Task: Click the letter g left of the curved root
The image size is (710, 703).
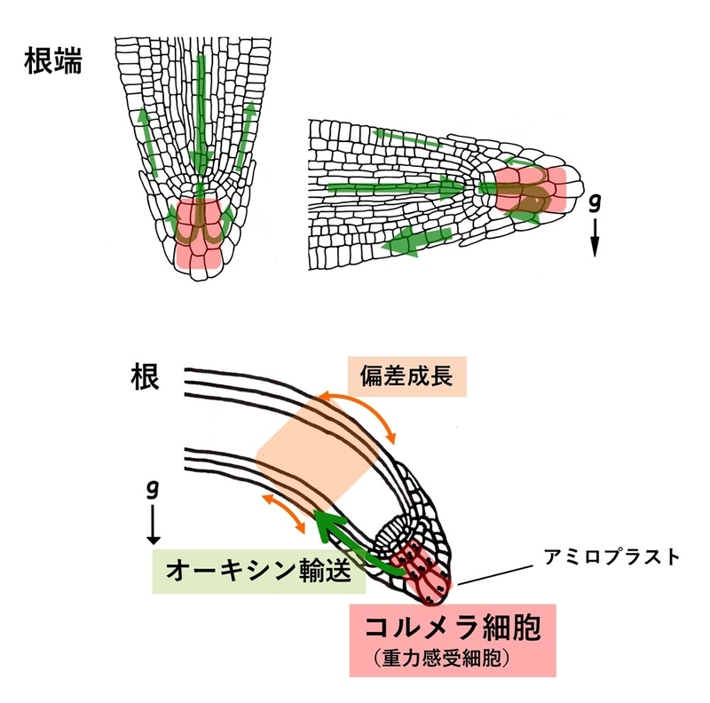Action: point(153,489)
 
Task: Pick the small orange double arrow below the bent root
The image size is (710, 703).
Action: point(286,516)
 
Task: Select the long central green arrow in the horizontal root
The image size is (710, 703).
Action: point(399,187)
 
